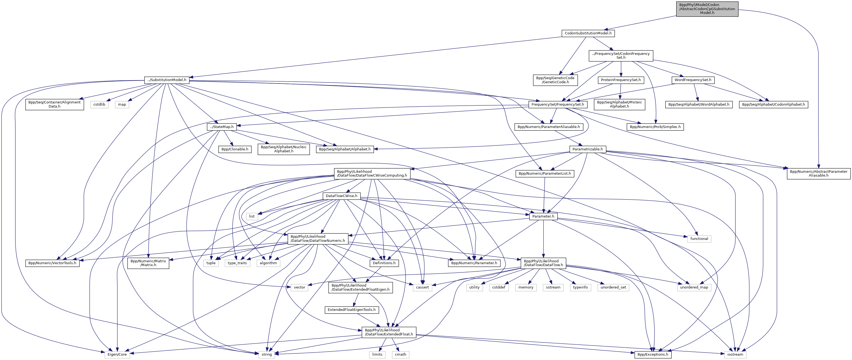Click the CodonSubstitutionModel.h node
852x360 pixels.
[588, 33]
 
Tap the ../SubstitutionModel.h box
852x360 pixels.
[167, 80]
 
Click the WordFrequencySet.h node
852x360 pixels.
[692, 80]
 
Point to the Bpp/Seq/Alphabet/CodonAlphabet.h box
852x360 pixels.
[773, 105]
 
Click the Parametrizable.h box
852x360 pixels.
[587, 149]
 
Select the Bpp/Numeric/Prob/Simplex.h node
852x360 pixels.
[655, 127]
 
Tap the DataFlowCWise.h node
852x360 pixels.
[341, 196]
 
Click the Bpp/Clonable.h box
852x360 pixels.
[234, 149]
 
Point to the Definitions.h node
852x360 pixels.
[384, 263]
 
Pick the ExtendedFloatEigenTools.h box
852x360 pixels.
[352, 310]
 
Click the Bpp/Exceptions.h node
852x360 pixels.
[653, 354]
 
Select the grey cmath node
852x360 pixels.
[400, 354]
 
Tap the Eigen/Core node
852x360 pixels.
[117, 354]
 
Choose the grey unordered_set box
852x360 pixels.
[613, 287]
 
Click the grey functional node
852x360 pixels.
[699, 239]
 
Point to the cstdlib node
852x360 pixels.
[99, 105]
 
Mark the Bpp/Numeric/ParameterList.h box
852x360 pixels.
[544, 174]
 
